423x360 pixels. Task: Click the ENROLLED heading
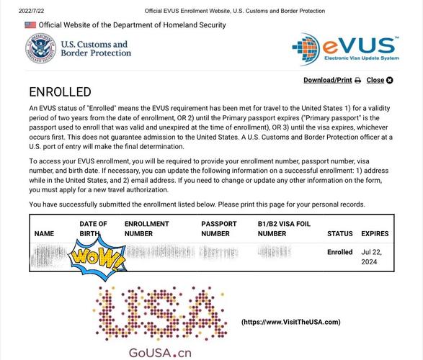click(x=60, y=92)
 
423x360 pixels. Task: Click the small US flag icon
click(x=30, y=25)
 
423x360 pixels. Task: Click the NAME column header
click(x=44, y=233)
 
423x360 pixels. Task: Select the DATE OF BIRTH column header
click(x=93, y=229)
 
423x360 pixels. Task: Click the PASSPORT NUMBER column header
click(x=219, y=229)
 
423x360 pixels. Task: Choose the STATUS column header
click(x=339, y=233)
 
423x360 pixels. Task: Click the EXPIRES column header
click(x=375, y=233)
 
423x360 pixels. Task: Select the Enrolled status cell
click(x=339, y=253)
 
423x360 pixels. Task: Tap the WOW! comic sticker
click(x=97, y=257)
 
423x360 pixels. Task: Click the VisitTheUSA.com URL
click(x=290, y=322)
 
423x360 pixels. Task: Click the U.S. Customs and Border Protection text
click(x=95, y=48)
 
